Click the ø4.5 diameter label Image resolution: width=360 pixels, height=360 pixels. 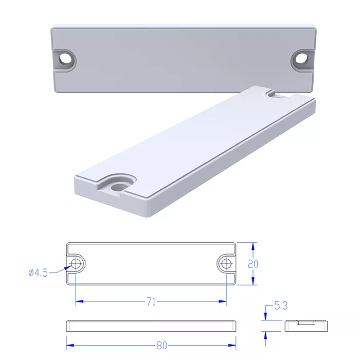click(x=38, y=273)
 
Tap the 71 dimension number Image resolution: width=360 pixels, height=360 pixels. click(x=151, y=301)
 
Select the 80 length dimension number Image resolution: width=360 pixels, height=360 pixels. click(x=161, y=346)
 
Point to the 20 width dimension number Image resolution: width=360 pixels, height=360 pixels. click(x=253, y=264)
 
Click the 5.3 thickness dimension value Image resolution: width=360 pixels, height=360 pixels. click(x=281, y=306)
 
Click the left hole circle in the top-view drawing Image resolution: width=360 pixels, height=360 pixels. click(x=76, y=263)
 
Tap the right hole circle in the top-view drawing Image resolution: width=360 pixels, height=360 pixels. click(x=226, y=263)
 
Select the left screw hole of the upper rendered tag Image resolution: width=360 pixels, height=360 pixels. click(x=66, y=59)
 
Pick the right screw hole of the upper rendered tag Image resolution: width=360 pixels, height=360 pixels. click(x=301, y=58)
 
